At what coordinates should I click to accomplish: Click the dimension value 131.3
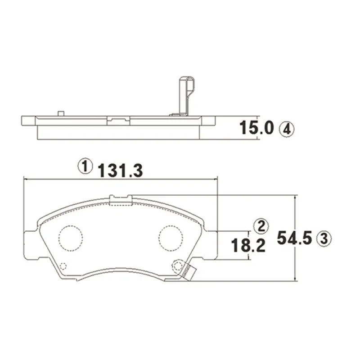click(x=121, y=171)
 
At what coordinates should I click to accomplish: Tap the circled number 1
click(x=85, y=166)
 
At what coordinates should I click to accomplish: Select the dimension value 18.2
click(x=248, y=245)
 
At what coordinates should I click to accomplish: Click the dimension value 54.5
click(x=295, y=238)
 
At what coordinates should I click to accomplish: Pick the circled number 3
click(x=324, y=238)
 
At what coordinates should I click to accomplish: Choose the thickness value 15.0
click(x=256, y=128)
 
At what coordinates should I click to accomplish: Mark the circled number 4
click(x=286, y=129)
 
